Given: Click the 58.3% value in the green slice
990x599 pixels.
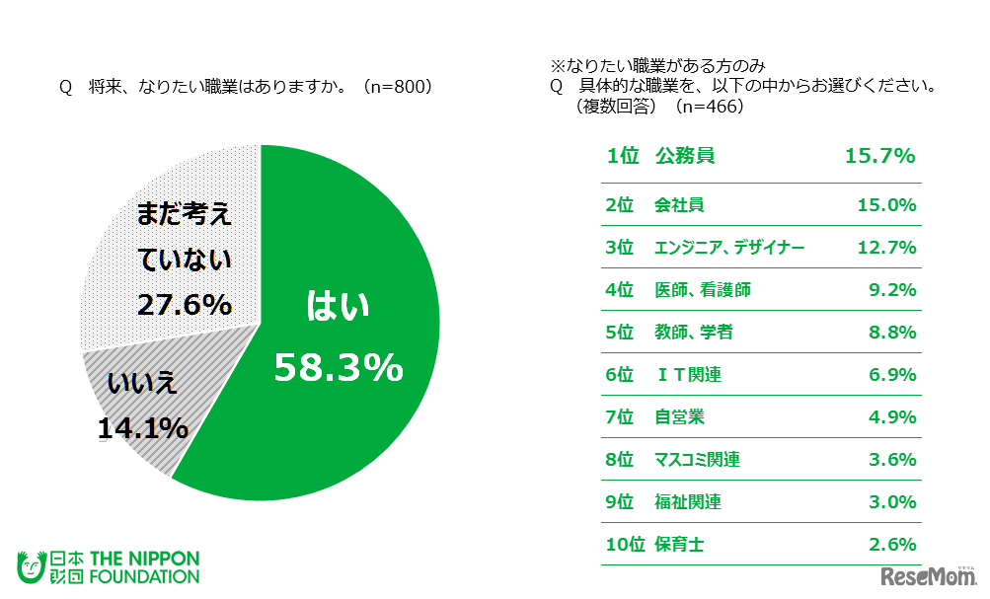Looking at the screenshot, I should (338, 368).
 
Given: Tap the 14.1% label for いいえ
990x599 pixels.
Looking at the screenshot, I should (143, 428).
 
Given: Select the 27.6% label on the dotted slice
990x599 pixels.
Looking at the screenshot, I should (184, 304).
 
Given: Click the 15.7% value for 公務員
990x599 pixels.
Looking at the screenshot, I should (880, 156).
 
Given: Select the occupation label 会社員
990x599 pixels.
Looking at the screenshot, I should (679, 205).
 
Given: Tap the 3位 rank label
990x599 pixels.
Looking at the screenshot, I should (620, 248).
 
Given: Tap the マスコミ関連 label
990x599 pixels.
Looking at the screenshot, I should (697, 460).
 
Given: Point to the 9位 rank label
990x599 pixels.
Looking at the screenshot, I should (620, 501).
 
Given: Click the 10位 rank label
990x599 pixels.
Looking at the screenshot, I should (624, 544).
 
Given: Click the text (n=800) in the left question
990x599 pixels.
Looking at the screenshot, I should (397, 87).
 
